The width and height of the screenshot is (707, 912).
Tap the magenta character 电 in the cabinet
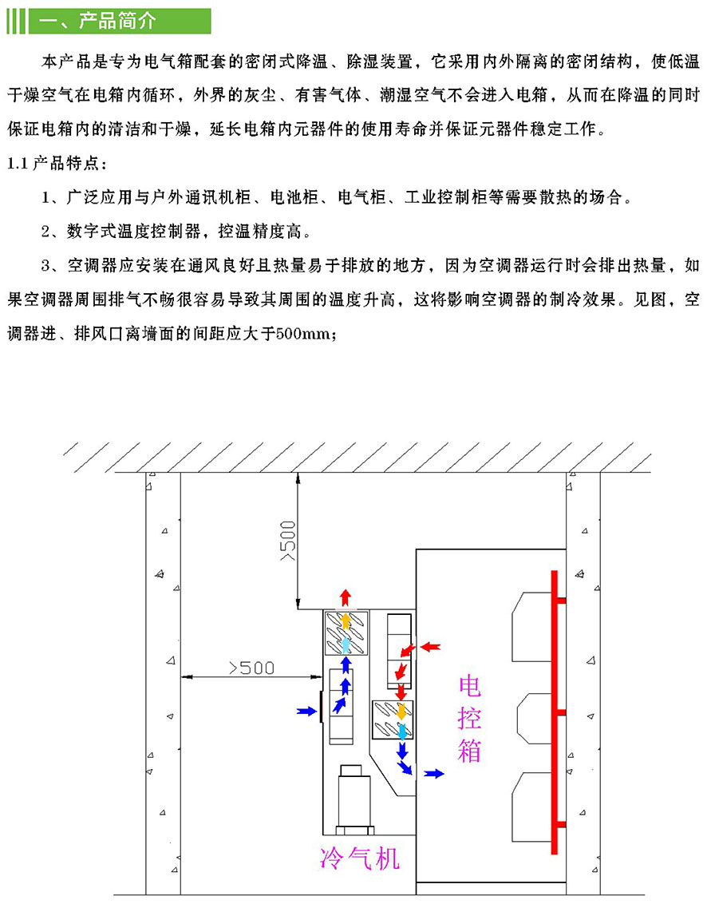(470, 686)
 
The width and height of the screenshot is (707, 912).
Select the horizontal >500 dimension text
(251, 667)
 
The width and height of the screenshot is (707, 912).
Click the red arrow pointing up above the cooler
(345, 597)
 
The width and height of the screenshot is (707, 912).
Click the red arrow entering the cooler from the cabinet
(431, 644)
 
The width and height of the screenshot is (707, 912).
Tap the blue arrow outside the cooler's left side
(305, 710)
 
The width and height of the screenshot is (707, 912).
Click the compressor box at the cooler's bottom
(351, 799)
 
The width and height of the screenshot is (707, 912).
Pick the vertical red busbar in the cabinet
(551, 711)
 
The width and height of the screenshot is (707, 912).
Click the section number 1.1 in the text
(17, 163)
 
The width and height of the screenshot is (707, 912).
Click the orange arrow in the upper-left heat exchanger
(345, 620)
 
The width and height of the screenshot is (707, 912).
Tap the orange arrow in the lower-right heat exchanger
(401, 710)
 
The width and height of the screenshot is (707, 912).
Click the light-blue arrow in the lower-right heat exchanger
(402, 728)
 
